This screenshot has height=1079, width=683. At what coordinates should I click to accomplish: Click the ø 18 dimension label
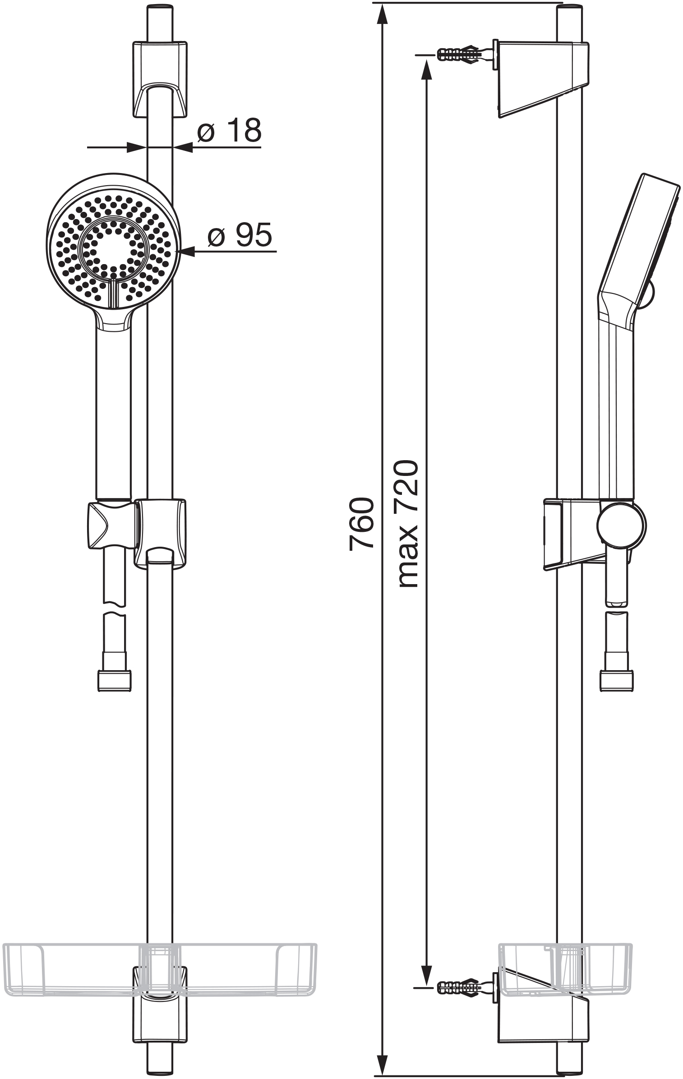[229, 130]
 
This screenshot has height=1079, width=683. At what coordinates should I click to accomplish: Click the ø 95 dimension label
[240, 234]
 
